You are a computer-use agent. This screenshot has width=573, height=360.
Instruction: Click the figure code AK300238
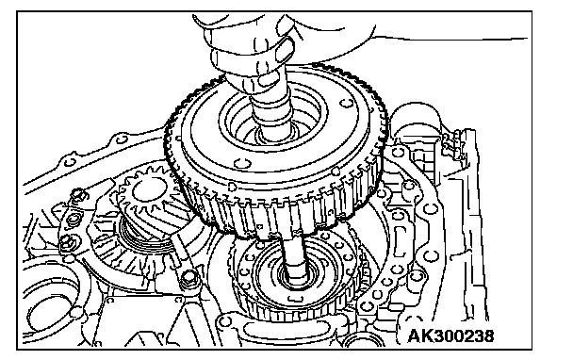450,335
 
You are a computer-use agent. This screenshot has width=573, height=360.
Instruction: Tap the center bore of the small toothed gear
149,190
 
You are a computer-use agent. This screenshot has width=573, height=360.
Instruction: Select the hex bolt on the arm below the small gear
188,279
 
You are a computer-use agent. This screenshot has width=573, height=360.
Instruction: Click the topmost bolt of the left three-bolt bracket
78,194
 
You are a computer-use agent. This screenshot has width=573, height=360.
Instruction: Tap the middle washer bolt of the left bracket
74,219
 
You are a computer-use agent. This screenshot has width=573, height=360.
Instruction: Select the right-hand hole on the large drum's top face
345,103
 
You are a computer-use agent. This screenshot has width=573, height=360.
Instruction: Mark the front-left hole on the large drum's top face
240,162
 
